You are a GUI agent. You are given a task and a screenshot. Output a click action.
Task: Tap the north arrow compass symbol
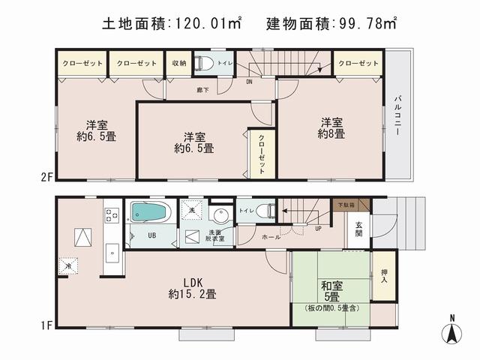click(x=453, y=331)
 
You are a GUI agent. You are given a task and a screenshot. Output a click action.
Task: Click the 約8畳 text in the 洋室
click(x=331, y=134)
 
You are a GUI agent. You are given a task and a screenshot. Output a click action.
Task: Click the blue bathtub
click(x=151, y=212)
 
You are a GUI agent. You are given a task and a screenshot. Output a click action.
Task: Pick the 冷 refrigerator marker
click(x=68, y=265)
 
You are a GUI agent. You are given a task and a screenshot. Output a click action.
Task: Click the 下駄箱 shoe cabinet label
click(x=346, y=203)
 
